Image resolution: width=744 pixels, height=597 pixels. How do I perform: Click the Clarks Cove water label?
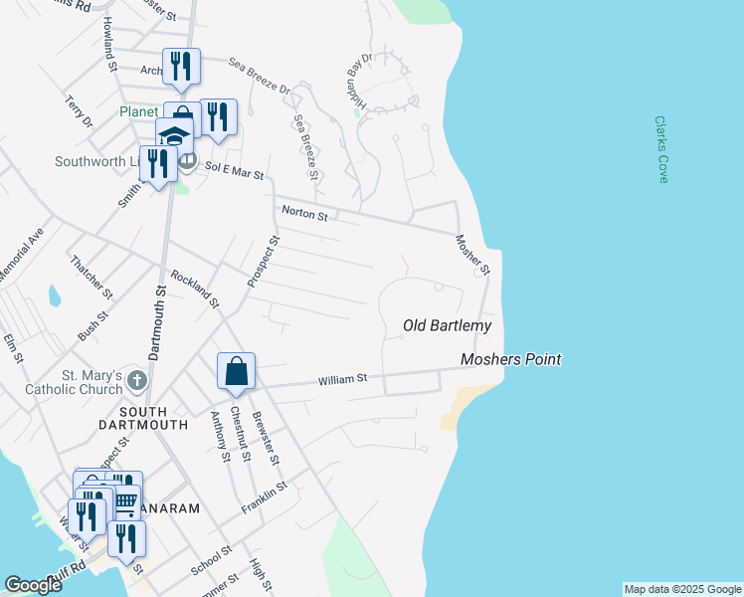point(661,149)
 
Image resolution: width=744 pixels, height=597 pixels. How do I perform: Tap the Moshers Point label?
point(511,359)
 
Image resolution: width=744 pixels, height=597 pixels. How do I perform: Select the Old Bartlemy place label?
point(447,325)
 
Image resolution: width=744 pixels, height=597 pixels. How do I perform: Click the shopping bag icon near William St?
point(237,371)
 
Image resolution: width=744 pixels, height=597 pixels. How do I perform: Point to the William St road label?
point(343,379)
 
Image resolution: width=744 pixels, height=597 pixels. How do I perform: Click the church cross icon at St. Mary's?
point(136,380)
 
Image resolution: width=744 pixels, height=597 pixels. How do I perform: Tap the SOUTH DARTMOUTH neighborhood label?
point(154,418)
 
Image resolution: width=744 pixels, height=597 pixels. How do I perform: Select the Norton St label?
point(303,212)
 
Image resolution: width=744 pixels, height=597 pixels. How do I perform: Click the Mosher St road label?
point(473,256)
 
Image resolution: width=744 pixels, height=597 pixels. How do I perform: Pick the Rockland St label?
point(194,290)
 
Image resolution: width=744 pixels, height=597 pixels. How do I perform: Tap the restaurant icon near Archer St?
point(181,67)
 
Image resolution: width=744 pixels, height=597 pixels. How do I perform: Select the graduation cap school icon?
point(175,136)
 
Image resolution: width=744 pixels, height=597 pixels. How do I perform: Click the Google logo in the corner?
point(33,585)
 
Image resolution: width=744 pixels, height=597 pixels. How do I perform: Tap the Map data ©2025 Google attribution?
point(681,589)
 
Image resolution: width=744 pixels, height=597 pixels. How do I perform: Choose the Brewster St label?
point(265,437)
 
